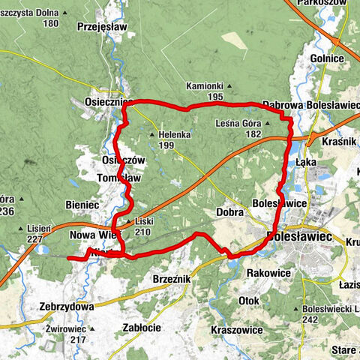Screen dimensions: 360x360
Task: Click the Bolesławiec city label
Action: tap(300, 237)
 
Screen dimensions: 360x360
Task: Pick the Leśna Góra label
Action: tap(237, 122)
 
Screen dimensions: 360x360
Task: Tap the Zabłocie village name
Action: tap(142, 327)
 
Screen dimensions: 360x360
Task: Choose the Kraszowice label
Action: tap(237, 330)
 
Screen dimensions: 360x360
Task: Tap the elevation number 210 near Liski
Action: tap(142, 232)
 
